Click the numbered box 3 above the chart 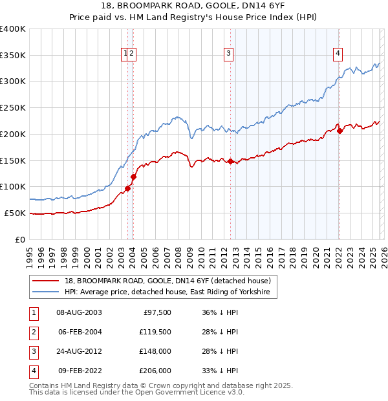(229, 54)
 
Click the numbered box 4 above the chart (338, 54)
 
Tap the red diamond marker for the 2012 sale (231, 162)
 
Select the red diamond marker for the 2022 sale (339, 131)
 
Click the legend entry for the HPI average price (171, 292)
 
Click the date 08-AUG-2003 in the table (79, 312)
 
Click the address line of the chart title (194, 6)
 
